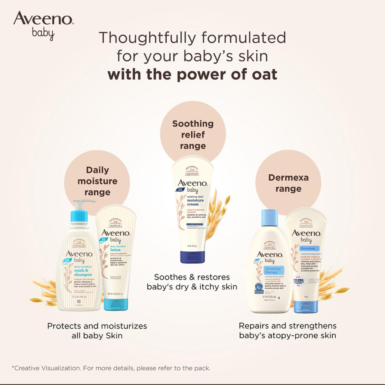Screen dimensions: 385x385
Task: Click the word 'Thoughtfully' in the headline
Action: [147, 38]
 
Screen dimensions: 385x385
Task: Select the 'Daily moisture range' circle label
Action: [97, 181]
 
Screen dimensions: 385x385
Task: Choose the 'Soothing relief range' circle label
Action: [193, 134]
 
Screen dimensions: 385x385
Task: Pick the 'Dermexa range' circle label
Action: [288, 183]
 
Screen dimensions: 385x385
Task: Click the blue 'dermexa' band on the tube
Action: [307, 248]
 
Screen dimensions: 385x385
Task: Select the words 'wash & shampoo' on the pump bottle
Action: [83, 273]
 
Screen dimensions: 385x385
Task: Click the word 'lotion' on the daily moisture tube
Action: [115, 250]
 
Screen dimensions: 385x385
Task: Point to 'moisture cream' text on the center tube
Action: [195, 202]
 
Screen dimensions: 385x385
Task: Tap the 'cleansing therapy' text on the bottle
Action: [272, 270]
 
